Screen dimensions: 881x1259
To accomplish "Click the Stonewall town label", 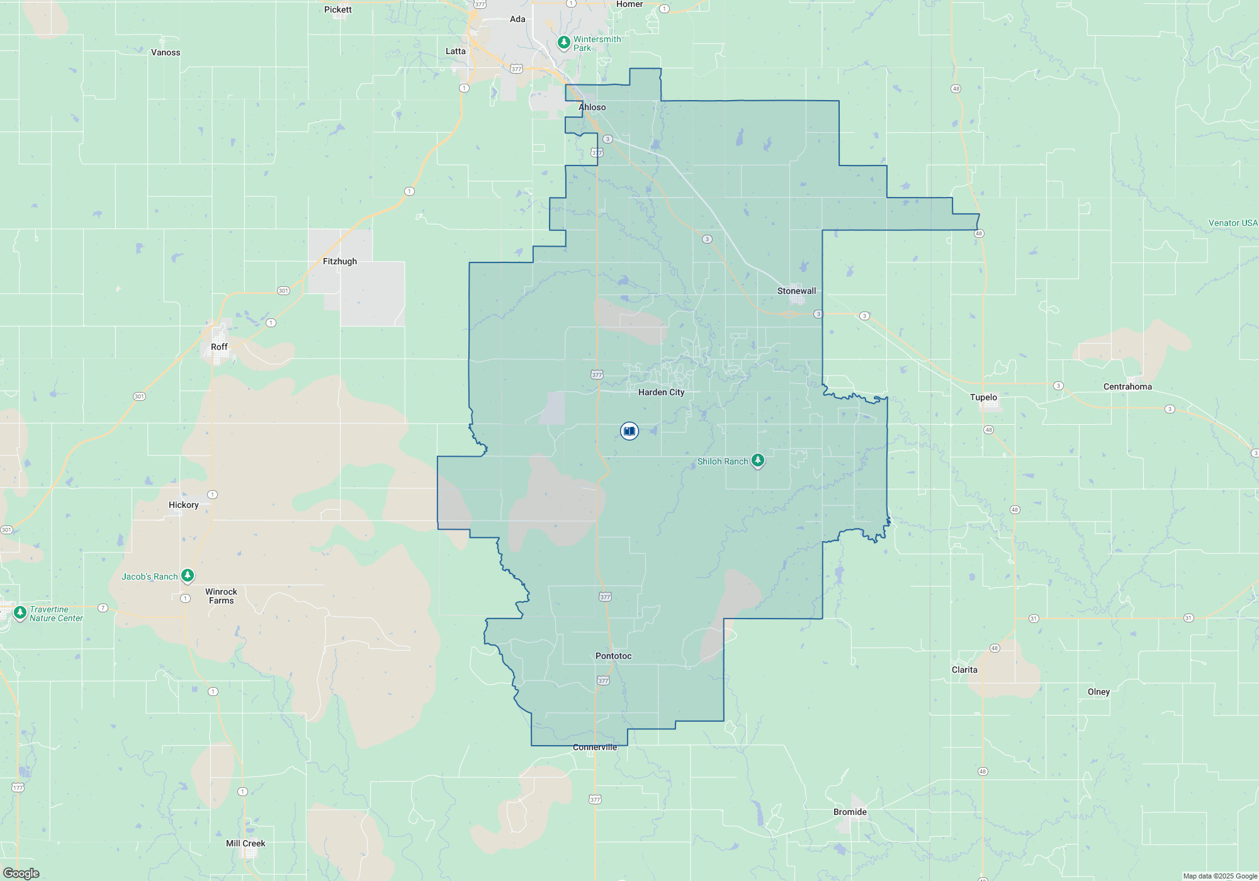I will [x=796, y=291].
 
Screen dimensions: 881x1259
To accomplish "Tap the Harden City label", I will [x=661, y=392].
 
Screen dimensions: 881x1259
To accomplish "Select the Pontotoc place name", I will [x=613, y=656].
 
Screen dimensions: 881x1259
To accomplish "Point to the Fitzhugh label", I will [x=339, y=261].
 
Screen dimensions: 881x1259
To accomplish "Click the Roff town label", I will [x=219, y=347].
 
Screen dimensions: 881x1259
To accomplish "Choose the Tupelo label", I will [x=983, y=397].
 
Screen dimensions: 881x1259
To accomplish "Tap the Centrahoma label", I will [x=1127, y=386].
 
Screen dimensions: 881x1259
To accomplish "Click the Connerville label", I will [x=595, y=747].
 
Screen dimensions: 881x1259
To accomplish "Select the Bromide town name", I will [x=850, y=812].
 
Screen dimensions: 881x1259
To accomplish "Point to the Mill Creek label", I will [x=246, y=843].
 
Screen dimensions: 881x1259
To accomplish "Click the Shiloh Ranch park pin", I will [x=758, y=461].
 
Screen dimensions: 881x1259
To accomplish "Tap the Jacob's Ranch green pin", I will [x=187, y=575].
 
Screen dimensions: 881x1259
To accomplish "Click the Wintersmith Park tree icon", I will [x=564, y=42].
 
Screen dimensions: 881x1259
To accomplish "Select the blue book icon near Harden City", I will [x=629, y=430].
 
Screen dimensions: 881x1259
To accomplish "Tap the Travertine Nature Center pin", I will [x=20, y=612].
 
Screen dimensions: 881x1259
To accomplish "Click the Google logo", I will [x=21, y=873].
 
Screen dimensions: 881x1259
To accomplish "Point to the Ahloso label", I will [x=592, y=107].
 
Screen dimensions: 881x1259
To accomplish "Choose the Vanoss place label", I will [x=166, y=52].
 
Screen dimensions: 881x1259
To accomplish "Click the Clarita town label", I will [x=964, y=670].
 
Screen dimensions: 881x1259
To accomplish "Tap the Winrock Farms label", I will [x=221, y=596].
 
